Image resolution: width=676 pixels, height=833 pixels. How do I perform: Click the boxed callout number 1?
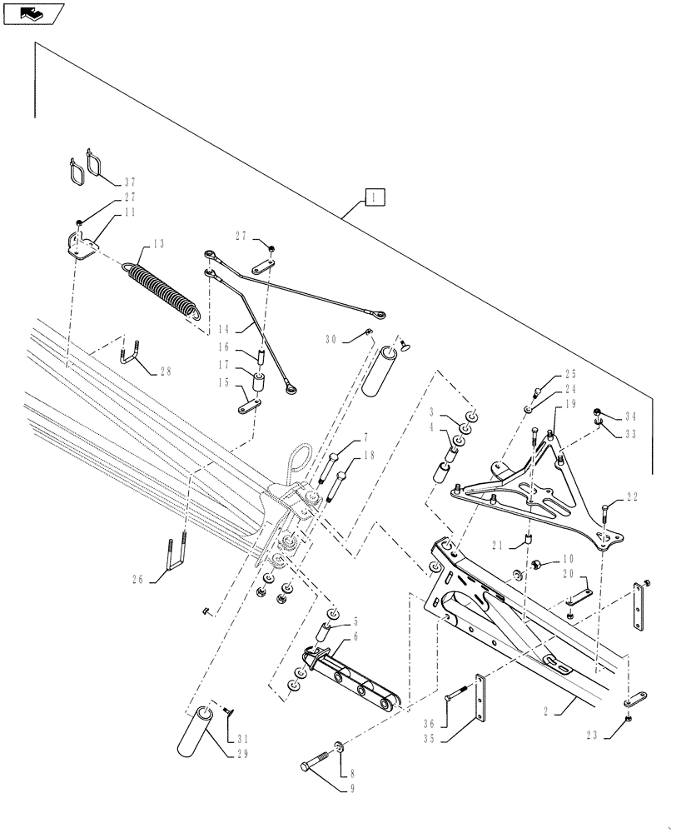tap(375, 197)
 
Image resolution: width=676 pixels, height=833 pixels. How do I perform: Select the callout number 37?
tap(129, 182)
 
